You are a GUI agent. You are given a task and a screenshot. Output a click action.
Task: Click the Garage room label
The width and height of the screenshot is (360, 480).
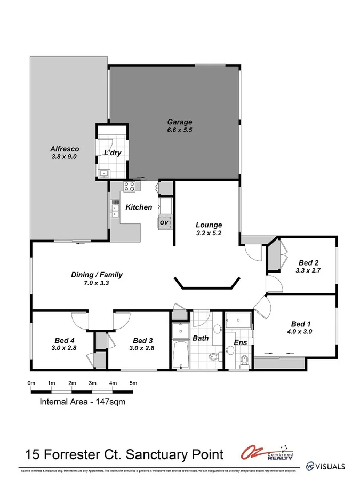click(x=179, y=122)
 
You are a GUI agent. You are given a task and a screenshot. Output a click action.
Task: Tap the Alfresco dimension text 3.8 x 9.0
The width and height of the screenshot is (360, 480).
click(x=65, y=157)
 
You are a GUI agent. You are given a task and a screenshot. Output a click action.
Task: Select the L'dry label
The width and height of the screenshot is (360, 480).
click(x=113, y=153)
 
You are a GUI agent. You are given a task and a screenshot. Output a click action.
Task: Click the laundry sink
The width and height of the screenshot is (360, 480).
click(x=103, y=172)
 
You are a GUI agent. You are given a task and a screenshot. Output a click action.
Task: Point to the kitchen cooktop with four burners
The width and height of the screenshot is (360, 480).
click(x=129, y=186)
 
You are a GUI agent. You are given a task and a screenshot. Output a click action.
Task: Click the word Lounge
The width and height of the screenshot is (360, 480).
click(x=209, y=225)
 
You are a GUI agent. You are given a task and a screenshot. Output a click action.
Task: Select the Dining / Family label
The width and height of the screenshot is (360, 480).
click(x=97, y=275)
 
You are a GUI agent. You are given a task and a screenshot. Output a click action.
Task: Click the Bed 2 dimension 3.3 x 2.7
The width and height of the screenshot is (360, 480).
click(x=308, y=270)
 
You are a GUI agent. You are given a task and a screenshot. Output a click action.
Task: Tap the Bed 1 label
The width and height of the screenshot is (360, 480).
click(x=300, y=324)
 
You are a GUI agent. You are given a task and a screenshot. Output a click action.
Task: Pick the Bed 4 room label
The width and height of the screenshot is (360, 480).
click(x=64, y=340)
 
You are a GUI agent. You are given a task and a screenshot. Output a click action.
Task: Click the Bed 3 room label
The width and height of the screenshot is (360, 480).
click(x=143, y=340)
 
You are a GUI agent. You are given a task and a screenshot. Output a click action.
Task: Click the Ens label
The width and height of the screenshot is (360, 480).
click(x=241, y=342)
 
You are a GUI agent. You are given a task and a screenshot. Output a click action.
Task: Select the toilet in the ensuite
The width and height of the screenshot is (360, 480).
click(x=244, y=361)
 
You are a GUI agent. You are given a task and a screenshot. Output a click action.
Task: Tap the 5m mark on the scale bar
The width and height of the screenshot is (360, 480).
click(x=133, y=383)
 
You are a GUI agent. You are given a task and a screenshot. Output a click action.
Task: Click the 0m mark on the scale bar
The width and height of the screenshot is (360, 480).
click(x=31, y=383)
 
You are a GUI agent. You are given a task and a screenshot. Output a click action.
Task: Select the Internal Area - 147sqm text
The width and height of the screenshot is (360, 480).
click(x=83, y=402)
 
